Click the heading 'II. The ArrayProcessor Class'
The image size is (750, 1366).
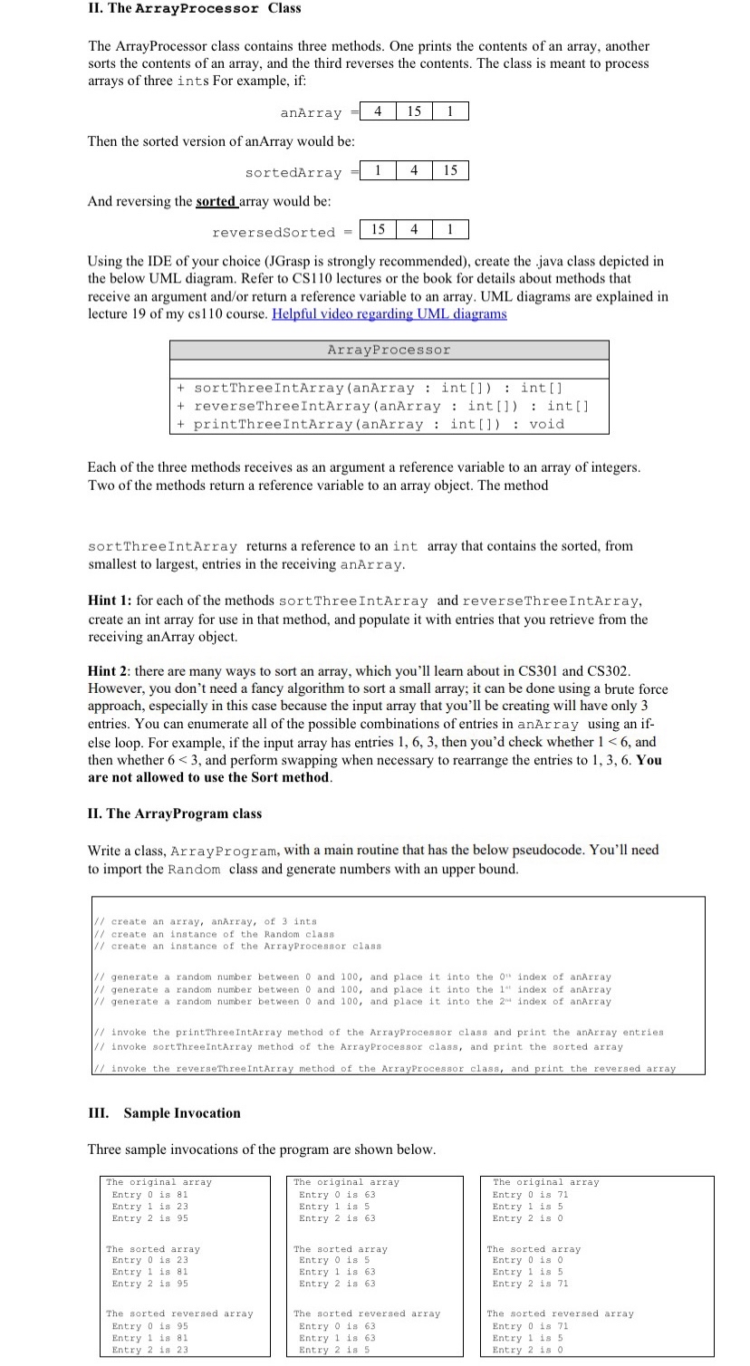point(194,8)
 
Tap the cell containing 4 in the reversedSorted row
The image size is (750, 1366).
point(414,231)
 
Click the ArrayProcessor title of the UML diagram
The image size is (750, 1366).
point(389,350)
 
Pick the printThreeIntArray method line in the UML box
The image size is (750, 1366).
point(370,424)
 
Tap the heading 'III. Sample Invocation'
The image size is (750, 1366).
point(164,1113)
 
